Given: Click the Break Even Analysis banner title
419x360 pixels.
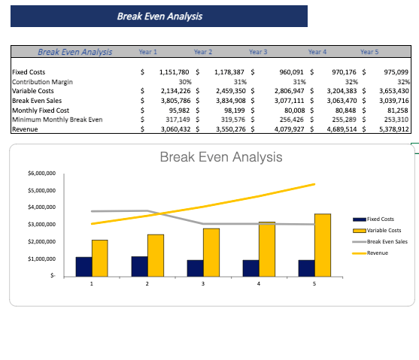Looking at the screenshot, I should click(159, 16).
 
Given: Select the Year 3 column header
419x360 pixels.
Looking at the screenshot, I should click(257, 52).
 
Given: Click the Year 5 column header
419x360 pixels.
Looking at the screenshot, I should click(369, 52).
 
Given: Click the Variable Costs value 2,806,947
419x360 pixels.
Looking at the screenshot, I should click(290, 90).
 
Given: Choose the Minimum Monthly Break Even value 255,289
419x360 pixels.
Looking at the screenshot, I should click(345, 119).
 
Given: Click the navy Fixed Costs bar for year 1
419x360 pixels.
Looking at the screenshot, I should click(83, 267).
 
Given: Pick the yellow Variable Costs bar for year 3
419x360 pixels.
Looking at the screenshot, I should click(211, 253).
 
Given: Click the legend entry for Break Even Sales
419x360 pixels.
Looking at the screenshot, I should click(387, 241).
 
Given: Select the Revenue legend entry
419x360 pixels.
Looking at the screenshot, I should click(378, 253).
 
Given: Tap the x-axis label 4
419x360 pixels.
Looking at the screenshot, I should click(259, 283).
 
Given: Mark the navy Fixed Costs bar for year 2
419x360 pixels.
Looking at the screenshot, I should click(139, 267).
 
